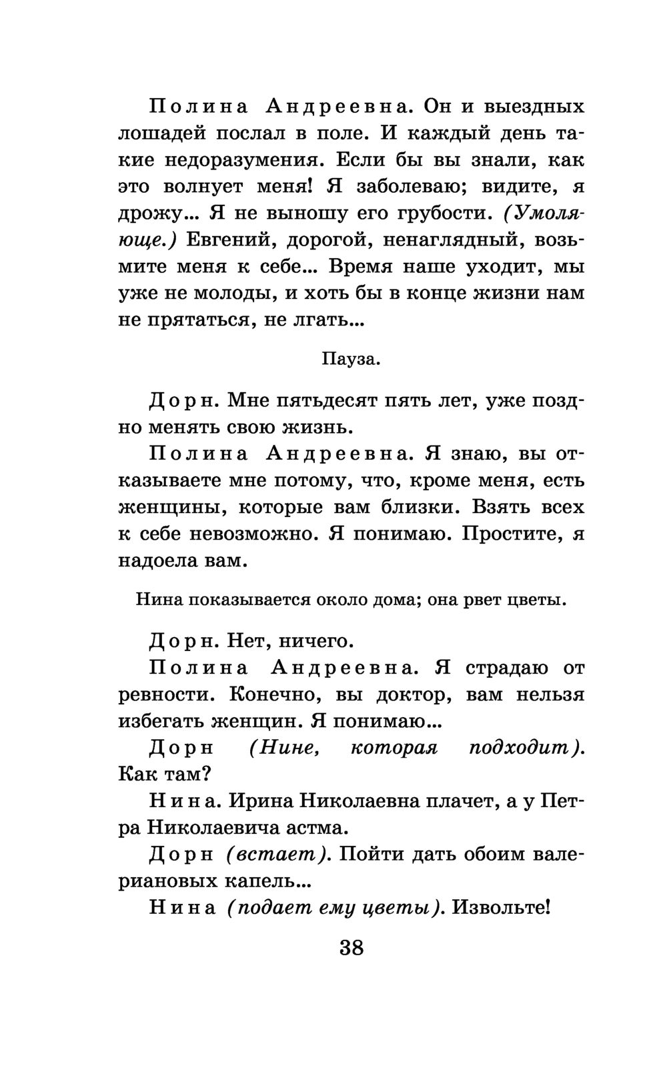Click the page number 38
coord(352,947)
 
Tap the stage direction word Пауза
coord(351,360)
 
